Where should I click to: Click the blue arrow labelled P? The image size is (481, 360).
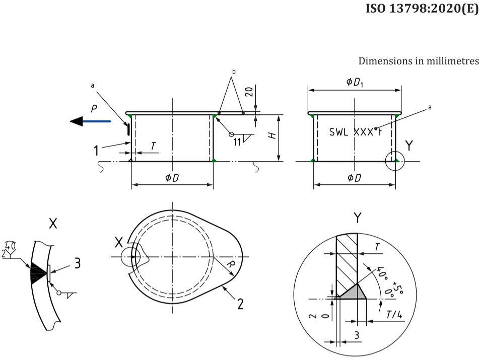[91, 121]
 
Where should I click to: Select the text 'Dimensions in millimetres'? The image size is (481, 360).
[419, 61]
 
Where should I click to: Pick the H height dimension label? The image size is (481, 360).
[273, 136]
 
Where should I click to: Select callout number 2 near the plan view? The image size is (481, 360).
[240, 303]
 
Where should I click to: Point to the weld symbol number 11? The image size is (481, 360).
[237, 142]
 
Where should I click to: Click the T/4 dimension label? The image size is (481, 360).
[394, 314]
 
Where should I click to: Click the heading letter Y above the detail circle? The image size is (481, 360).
[357, 218]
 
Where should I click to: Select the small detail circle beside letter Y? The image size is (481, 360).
[395, 161]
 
